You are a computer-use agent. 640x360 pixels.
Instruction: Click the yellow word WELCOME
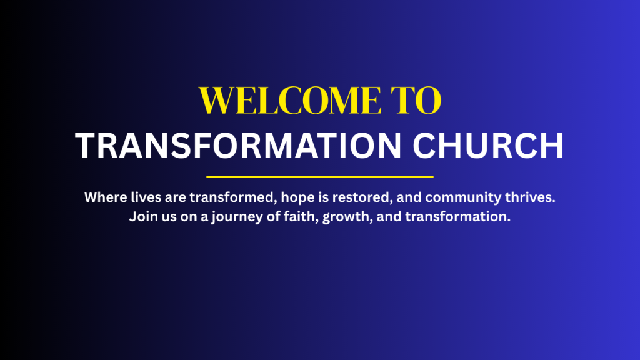pyautogui.click(x=290, y=100)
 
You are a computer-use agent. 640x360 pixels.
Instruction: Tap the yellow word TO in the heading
pyautogui.click(x=416, y=100)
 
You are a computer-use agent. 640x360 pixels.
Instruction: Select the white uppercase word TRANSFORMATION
pyautogui.click(x=238, y=146)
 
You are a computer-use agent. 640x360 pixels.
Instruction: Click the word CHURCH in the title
pyautogui.click(x=488, y=146)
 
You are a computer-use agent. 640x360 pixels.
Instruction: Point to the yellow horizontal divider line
pyautogui.click(x=320, y=177)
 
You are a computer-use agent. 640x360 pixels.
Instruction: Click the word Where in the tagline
pyautogui.click(x=106, y=197)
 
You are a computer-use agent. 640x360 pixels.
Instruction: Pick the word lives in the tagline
pyautogui.click(x=146, y=197)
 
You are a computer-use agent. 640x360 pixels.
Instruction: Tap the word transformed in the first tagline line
pyautogui.click(x=234, y=198)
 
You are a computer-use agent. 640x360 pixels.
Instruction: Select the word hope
pyautogui.click(x=298, y=198)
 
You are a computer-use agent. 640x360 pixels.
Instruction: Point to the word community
pyautogui.click(x=463, y=198)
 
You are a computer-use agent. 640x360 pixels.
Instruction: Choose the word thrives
pyautogui.click(x=530, y=197)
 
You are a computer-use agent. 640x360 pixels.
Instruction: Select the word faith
pyautogui.click(x=301, y=217)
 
